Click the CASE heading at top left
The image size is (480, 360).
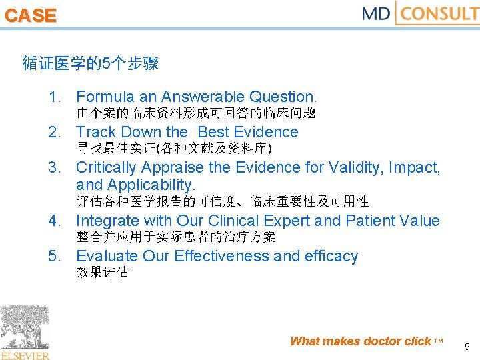31,16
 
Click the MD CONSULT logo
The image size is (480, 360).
420,13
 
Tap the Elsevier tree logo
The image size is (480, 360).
25,332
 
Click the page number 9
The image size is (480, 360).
467,346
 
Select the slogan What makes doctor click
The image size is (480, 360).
361,341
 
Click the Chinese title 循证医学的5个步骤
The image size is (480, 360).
90,64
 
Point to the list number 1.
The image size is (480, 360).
55,97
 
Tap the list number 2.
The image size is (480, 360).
55,132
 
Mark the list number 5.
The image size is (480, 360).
55,256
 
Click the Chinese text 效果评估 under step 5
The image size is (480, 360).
103,272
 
